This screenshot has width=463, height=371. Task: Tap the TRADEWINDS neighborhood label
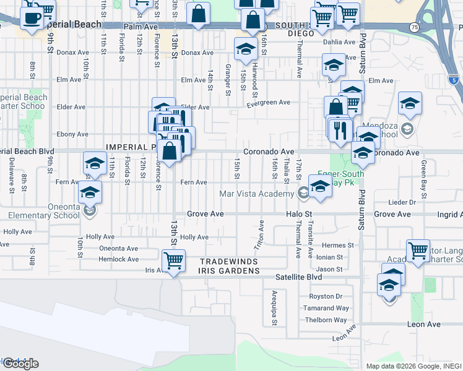click(x=227, y=262)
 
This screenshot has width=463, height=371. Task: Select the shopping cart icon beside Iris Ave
click(x=174, y=260)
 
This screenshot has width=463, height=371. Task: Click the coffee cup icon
click(x=31, y=17)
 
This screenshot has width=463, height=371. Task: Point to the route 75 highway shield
click(x=414, y=27)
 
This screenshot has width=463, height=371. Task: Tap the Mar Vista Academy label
click(x=257, y=194)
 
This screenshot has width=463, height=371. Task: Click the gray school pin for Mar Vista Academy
click(x=303, y=194)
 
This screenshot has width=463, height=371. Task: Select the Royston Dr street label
click(x=325, y=296)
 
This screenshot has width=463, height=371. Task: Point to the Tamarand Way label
click(x=329, y=308)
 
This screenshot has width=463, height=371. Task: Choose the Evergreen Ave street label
click(x=268, y=103)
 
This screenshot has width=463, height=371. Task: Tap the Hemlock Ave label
click(x=119, y=259)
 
